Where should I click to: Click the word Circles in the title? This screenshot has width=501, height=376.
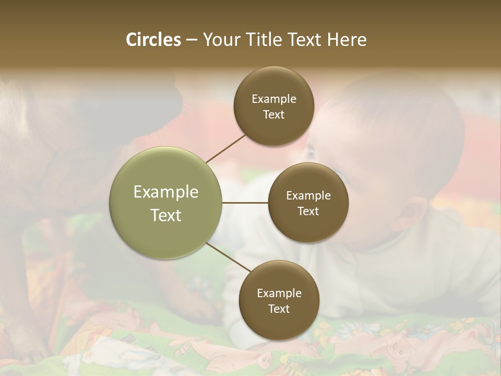[153, 40]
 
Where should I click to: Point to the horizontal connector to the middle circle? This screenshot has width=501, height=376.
[245, 203]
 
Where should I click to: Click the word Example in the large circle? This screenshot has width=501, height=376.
[166, 192]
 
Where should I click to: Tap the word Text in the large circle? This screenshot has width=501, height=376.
[166, 215]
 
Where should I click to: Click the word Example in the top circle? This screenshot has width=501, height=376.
[273, 99]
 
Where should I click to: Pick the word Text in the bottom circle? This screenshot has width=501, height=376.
[279, 309]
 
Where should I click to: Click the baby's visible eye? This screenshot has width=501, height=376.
[312, 151]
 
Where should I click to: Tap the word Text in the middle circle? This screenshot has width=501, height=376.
[308, 211]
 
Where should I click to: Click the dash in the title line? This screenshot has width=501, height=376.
[192, 40]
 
